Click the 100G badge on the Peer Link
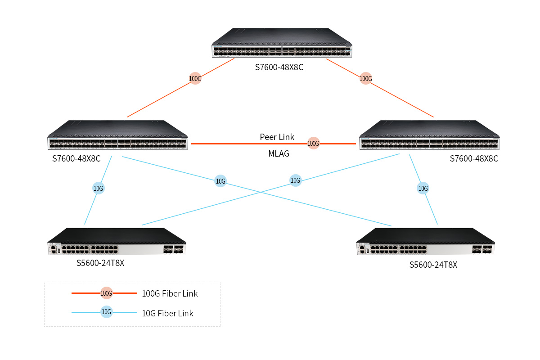click(313, 144)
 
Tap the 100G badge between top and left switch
click(195, 79)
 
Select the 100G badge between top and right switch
click(366, 79)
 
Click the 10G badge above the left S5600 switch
click(98, 189)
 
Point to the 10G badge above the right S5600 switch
click(423, 189)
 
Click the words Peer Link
click(277, 137)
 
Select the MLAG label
click(279, 154)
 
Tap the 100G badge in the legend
click(106, 293)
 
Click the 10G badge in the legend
click(106, 312)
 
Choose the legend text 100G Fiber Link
click(170, 294)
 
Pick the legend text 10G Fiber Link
click(167, 313)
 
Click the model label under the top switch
click(282, 68)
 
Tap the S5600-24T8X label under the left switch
click(100, 263)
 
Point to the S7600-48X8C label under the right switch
click(474, 159)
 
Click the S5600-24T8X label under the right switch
click(433, 265)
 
